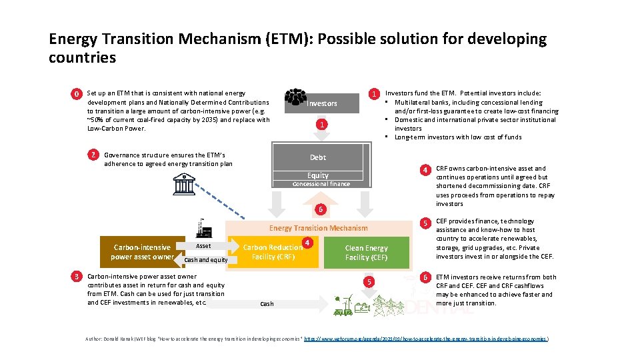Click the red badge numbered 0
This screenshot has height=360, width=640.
[77, 94]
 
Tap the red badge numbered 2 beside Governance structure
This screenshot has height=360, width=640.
[94, 155]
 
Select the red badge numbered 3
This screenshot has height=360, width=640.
[77, 276]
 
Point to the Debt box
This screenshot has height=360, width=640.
[318, 157]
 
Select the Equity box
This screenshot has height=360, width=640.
[318, 175]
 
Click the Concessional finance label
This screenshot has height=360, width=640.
[321, 184]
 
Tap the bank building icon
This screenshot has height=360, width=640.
[183, 183]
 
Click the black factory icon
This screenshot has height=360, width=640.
[203, 229]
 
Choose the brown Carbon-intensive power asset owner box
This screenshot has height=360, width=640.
[141, 252]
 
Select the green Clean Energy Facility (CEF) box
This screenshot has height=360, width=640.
[366, 253]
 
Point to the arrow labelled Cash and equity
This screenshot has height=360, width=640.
[205, 260]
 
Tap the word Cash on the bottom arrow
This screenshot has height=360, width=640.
[267, 304]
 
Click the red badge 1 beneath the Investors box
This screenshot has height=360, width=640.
[321, 125]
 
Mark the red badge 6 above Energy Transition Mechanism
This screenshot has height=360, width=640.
[321, 209]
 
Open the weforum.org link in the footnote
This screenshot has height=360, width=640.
[426, 339]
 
